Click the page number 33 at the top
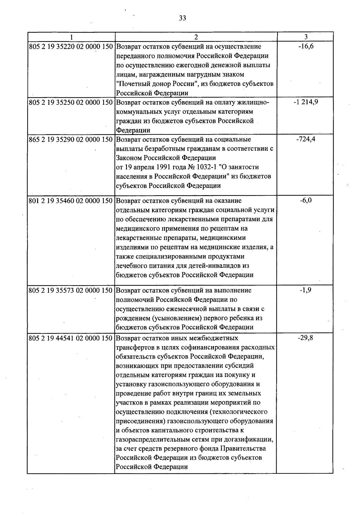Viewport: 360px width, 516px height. tap(182, 18)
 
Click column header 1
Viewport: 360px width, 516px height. tap(71, 37)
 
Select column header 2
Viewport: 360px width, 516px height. tap(196, 37)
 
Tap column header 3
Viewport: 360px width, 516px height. tap(305, 37)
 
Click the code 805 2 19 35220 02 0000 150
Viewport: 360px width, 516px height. tap(71, 47)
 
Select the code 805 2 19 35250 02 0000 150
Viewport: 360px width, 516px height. tap(71, 102)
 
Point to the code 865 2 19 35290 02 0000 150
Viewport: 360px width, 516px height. tap(71, 140)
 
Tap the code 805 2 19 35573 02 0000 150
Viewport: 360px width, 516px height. tap(71, 291)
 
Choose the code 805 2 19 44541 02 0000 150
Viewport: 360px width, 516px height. tap(71, 338)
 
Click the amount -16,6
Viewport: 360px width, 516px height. tap(306, 46)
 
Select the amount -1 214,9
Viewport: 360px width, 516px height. tap(306, 102)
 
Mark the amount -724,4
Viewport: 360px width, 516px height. tap(306, 139)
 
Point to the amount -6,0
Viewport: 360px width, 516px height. tap(306, 200)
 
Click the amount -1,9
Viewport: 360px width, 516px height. tap(306, 290)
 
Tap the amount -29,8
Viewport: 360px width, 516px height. tap(306, 338)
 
